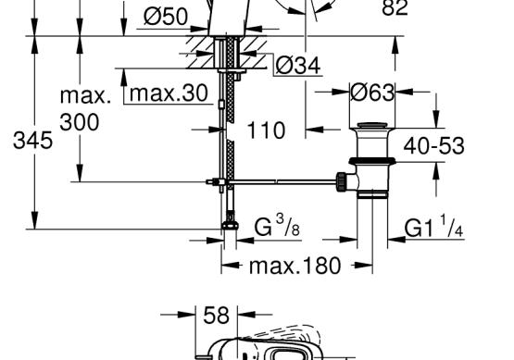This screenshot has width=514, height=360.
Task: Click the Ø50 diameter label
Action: pyautogui.click(x=166, y=16)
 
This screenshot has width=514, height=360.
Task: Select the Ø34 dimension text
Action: pyautogui.click(x=298, y=65)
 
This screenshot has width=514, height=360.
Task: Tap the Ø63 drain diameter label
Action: pyautogui.click(x=372, y=93)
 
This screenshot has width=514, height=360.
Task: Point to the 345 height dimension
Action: pyautogui.click(x=32, y=141)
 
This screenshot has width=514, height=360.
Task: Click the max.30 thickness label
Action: pyautogui.click(x=169, y=93)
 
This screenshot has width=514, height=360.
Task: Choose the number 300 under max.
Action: pyautogui.click(x=80, y=122)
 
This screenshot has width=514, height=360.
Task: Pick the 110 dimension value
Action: pyautogui.click(x=266, y=130)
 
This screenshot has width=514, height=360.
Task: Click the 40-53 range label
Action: pyautogui.click(x=433, y=146)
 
